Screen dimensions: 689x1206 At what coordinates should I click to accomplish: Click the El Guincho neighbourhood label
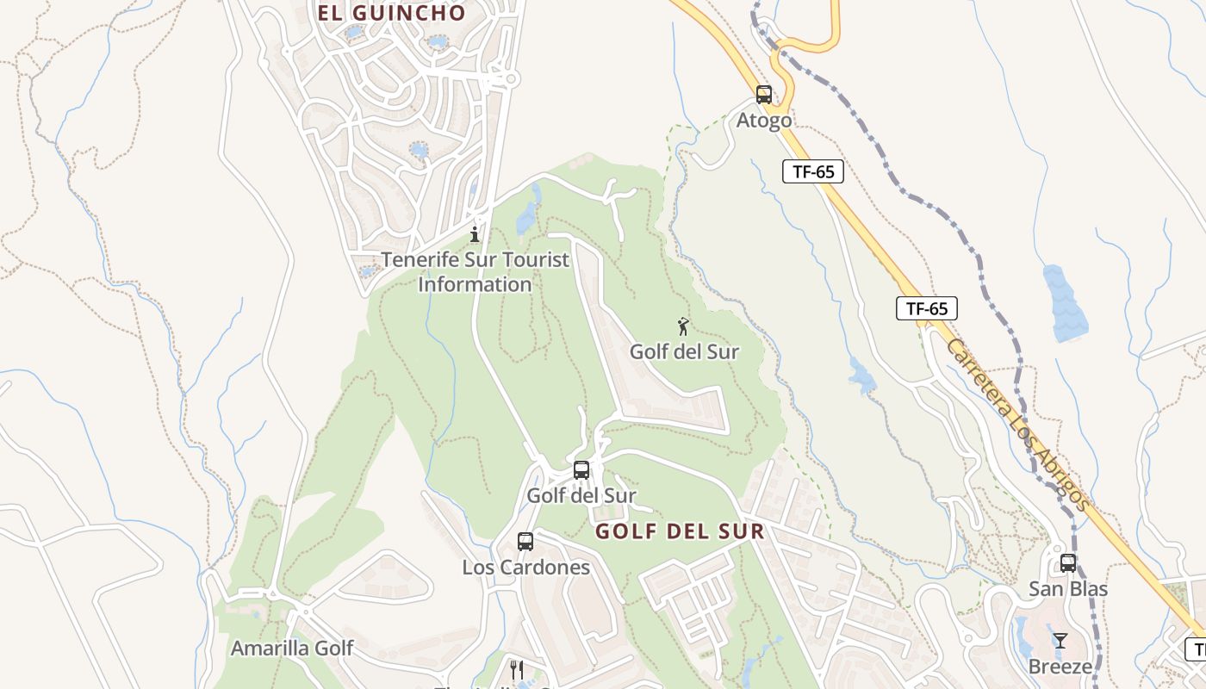(391, 13)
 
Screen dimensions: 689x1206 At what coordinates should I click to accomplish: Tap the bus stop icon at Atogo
(764, 95)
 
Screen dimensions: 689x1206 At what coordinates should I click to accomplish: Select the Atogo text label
(764, 121)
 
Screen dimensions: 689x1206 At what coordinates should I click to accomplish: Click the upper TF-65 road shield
(813, 171)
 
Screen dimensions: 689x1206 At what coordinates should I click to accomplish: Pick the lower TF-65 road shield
(927, 308)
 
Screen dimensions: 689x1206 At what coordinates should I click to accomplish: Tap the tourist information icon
(474, 233)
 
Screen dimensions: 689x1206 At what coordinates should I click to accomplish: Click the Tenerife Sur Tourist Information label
(476, 271)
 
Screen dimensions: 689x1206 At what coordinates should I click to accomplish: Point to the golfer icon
(683, 326)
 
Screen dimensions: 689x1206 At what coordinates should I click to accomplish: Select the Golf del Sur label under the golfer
(684, 351)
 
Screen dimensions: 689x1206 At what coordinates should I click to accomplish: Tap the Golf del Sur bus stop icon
(581, 470)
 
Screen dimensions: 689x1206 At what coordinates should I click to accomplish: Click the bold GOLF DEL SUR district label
(680, 531)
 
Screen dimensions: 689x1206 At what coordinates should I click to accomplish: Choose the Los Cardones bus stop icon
(525, 542)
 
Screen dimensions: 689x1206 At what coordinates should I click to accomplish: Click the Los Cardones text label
(525, 568)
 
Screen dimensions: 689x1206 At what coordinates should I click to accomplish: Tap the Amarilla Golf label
(292, 648)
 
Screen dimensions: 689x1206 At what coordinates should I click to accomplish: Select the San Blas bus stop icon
(1068, 563)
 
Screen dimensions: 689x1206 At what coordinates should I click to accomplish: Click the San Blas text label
(1068, 589)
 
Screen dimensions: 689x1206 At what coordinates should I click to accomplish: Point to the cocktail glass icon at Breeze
(1060, 641)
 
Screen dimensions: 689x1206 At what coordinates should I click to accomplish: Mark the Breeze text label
(1060, 667)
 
